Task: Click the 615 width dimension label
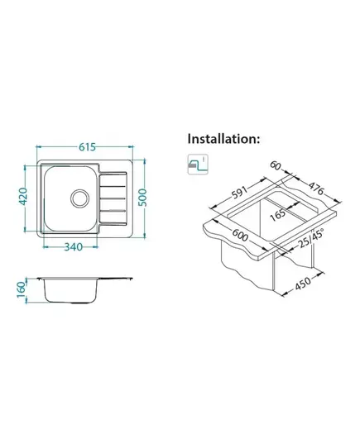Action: click(x=87, y=147)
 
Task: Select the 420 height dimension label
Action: click(x=22, y=196)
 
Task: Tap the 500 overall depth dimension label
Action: click(x=144, y=198)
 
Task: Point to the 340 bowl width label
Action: click(x=74, y=247)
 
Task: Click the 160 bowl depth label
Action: click(x=22, y=289)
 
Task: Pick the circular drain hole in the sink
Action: click(x=80, y=198)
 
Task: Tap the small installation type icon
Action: click(x=198, y=165)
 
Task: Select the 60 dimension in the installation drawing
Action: click(x=275, y=165)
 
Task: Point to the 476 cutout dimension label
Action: click(x=316, y=189)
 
